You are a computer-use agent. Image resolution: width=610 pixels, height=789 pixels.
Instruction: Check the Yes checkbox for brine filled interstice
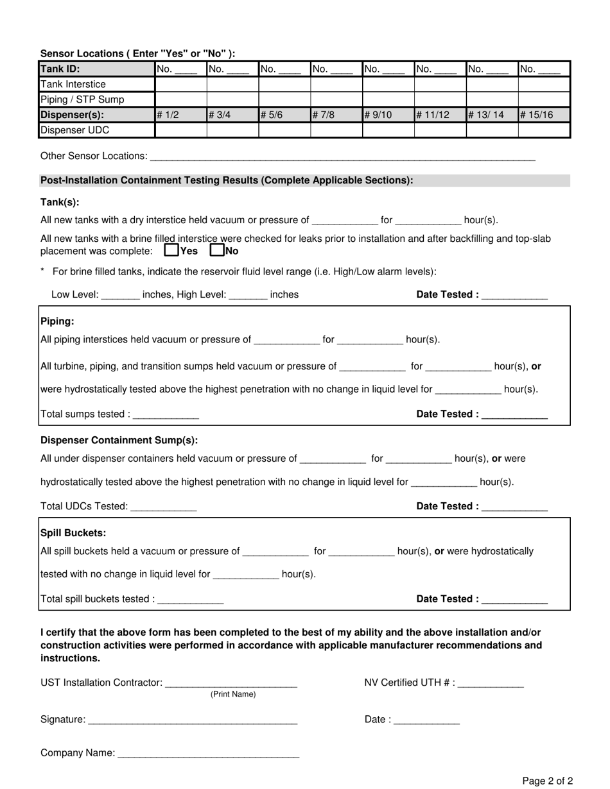coord(171,251)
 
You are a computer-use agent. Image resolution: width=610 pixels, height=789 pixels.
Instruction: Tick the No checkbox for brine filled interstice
coord(218,251)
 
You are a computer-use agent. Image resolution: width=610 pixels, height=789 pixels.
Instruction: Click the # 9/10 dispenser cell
coord(388,115)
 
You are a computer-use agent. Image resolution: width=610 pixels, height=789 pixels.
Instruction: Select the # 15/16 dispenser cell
coord(544,115)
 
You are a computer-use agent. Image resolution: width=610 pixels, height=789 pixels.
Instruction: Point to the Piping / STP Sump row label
coord(82,99)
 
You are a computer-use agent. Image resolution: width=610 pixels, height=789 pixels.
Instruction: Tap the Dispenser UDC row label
coord(74,130)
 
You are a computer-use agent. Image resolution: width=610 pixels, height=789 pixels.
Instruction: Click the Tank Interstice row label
coord(73,84)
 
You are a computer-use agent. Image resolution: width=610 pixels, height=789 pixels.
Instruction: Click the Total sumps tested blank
coord(166,414)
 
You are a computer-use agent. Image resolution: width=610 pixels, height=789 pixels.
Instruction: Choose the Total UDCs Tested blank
coord(163,507)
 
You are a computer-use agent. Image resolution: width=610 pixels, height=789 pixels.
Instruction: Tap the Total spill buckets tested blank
coord(190,599)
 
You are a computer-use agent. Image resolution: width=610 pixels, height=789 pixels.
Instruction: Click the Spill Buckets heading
coord(73,533)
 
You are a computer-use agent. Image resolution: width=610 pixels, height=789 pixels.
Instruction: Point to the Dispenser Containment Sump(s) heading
coord(119,440)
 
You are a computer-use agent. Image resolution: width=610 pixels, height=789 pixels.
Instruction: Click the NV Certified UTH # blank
coord(491,683)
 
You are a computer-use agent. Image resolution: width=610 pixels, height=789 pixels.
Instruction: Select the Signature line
coord(193,720)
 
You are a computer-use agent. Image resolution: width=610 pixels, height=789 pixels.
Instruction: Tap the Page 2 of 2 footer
coord(547,781)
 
